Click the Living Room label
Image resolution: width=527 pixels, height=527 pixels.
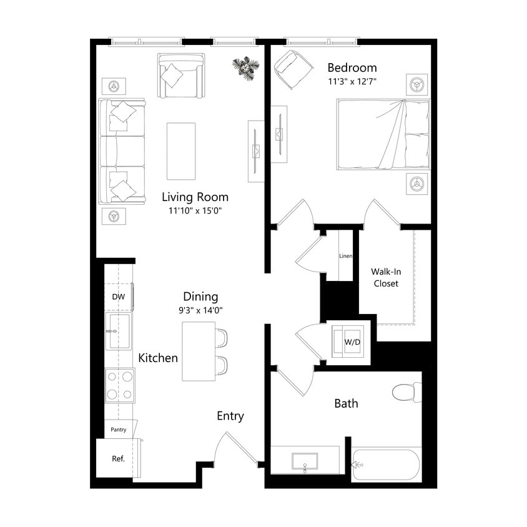pyautogui.click(x=195, y=197)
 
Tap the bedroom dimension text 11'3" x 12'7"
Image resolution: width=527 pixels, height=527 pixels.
pyautogui.click(x=353, y=81)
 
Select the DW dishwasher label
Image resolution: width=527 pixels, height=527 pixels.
pyautogui.click(x=118, y=297)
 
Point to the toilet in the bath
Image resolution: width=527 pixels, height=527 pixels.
pyautogui.click(x=406, y=392)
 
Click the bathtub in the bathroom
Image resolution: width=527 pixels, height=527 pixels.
pyautogui.click(x=385, y=464)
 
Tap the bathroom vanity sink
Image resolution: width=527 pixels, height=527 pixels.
pyautogui.click(x=305, y=461)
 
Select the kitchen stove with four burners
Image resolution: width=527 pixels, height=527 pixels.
pyautogui.click(x=119, y=385)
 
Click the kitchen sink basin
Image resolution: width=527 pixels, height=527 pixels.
pyautogui.click(x=119, y=331)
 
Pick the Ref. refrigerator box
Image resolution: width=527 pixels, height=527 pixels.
pyautogui.click(x=118, y=458)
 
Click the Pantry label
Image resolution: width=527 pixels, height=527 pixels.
pyautogui.click(x=119, y=430)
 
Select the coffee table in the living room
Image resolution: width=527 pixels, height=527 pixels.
pyautogui.click(x=181, y=150)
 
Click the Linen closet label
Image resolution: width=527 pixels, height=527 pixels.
pyautogui.click(x=346, y=256)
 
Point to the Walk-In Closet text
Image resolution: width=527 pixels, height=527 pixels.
pyautogui.click(x=386, y=277)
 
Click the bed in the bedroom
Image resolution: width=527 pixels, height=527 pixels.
pyautogui.click(x=383, y=135)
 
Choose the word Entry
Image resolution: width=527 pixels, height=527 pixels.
pyautogui.click(x=230, y=416)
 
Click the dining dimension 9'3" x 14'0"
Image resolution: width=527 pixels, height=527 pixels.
pyautogui.click(x=200, y=310)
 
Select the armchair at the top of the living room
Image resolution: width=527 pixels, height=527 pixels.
pyautogui.click(x=181, y=76)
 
